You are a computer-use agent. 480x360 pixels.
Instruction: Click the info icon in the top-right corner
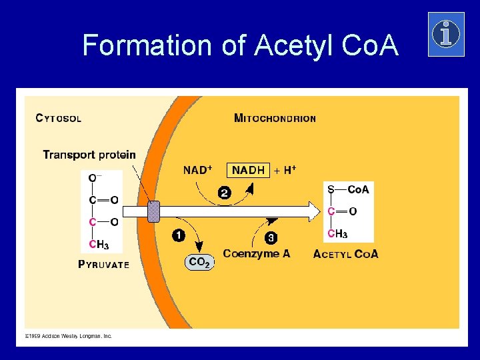pyautogui.click(x=445, y=34)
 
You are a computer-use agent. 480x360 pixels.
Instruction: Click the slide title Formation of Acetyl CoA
pyautogui.click(x=240, y=45)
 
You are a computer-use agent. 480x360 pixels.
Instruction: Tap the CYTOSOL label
pyautogui.click(x=59, y=119)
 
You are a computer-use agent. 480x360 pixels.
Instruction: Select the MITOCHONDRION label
pyautogui.click(x=275, y=119)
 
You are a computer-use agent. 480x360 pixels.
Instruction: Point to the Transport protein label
pyautogui.click(x=89, y=155)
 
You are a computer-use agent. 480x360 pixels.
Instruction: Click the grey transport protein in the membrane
pyautogui.click(x=153, y=211)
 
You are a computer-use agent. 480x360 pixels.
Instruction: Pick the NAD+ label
pyautogui.click(x=197, y=170)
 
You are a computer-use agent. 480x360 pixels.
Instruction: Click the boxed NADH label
pyautogui.click(x=248, y=171)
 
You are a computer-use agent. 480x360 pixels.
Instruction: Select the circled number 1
pyautogui.click(x=179, y=235)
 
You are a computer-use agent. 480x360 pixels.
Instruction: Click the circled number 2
pyautogui.click(x=225, y=193)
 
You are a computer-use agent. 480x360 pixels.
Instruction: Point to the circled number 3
pyautogui.click(x=271, y=237)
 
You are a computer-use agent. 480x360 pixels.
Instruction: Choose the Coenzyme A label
pyautogui.click(x=256, y=253)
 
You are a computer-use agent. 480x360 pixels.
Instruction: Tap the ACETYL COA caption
pyautogui.click(x=345, y=254)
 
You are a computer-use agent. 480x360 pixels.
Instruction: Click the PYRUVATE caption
pyautogui.click(x=104, y=264)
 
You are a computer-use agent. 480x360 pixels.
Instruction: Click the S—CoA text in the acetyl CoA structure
pyautogui.click(x=348, y=190)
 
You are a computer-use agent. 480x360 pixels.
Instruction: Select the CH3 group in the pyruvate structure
pyautogui.click(x=99, y=245)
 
